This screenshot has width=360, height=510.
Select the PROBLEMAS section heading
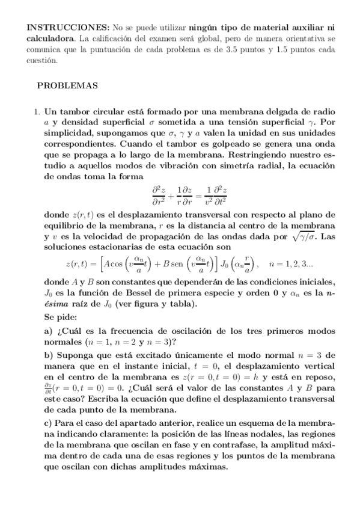click(67, 86)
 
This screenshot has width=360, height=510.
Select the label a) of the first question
click(49, 331)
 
